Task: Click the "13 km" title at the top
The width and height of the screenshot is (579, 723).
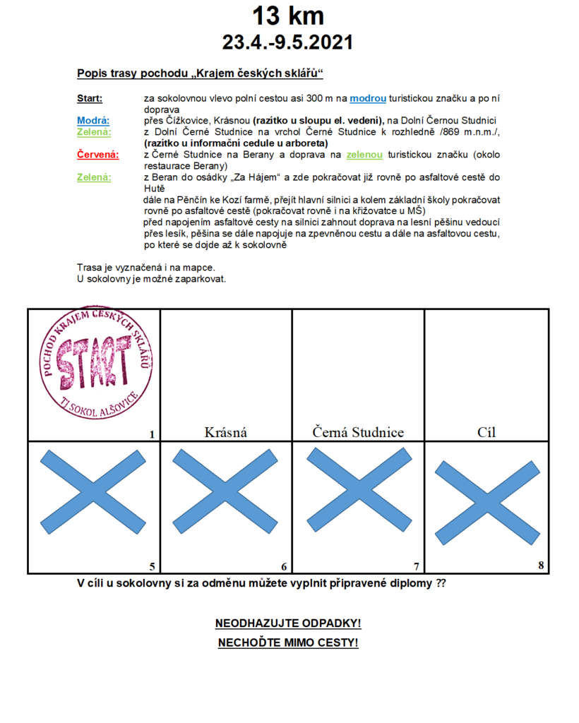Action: (288, 16)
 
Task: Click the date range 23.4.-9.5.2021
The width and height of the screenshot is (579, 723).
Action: (288, 42)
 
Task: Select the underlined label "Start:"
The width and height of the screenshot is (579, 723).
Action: (90, 99)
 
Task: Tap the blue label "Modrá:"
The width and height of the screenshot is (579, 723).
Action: (93, 121)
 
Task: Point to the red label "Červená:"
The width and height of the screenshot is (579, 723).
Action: (97, 155)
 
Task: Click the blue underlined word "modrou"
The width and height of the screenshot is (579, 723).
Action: (368, 99)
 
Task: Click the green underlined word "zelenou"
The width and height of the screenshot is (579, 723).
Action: (364, 155)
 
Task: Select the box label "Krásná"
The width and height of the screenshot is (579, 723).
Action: (226, 432)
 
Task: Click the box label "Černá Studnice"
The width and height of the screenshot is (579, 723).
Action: (358, 432)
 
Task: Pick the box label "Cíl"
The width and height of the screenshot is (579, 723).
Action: (487, 432)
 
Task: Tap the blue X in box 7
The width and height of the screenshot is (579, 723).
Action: (358, 490)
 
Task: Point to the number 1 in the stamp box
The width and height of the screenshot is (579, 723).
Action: (152, 434)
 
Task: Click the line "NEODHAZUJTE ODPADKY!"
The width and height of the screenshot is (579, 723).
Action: (288, 624)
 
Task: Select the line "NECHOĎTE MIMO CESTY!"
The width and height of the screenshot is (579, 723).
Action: (288, 643)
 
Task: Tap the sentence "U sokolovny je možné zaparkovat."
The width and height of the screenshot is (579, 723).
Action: (151, 278)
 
